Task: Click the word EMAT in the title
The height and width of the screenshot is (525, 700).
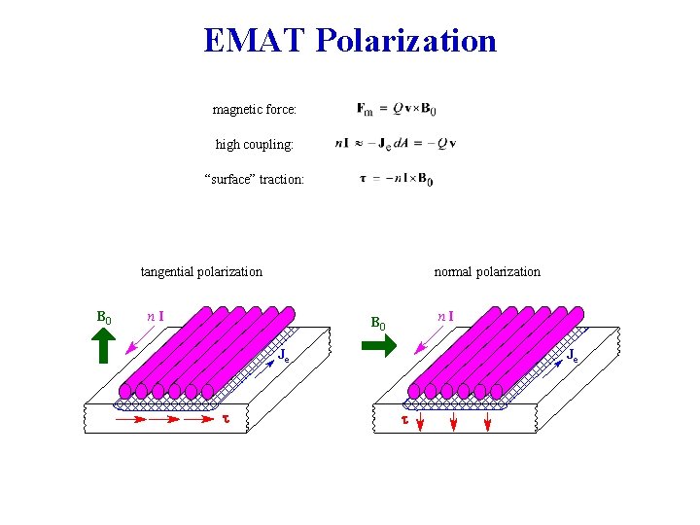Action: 256,41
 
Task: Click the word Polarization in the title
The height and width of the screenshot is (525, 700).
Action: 406,41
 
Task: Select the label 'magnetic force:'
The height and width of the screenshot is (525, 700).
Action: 254,110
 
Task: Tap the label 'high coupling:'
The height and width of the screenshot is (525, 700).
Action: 254,144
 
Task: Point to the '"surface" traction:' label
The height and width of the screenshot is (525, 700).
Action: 254,179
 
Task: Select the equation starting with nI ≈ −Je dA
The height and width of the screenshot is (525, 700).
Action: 395,144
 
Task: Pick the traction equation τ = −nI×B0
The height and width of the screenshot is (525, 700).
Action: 397,179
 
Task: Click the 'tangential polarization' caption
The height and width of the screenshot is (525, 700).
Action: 201,272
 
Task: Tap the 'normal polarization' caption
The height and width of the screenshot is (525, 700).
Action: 487,272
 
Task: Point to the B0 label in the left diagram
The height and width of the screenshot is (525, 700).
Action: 104,317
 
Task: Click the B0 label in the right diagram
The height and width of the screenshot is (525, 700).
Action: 378,322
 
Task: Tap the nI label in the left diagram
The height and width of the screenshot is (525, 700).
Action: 155,315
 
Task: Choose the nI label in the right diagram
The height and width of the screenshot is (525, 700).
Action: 445,316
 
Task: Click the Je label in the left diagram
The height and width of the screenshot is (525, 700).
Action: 284,356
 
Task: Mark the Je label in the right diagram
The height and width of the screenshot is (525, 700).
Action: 573,356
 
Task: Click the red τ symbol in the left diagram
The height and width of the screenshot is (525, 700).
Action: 227,420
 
